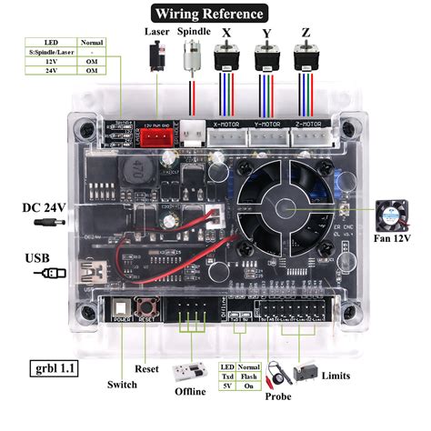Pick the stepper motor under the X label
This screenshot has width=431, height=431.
[x=226, y=58]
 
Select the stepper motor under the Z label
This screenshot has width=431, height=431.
[x=307, y=58]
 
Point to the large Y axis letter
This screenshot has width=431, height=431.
[x=266, y=35]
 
